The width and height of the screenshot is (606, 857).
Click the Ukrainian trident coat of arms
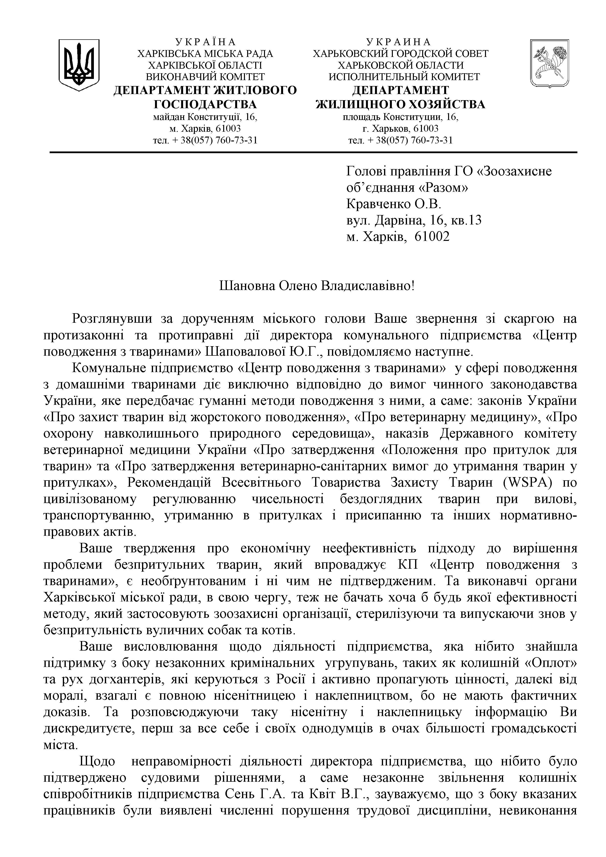(x=79, y=64)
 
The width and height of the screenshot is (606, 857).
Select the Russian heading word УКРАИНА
(x=399, y=42)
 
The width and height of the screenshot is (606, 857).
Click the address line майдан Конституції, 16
(x=205, y=117)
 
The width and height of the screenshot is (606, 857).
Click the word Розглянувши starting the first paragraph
(x=112, y=319)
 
